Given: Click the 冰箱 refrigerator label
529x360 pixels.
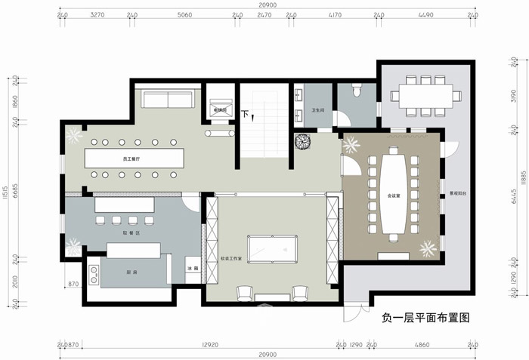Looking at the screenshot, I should [x=192, y=269].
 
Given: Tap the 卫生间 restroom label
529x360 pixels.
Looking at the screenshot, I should [x=318, y=111].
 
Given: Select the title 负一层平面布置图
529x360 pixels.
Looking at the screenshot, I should [x=426, y=318].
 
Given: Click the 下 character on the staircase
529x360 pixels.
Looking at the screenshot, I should [x=245, y=114].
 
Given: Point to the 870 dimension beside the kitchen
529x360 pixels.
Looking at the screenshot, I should [x=73, y=284].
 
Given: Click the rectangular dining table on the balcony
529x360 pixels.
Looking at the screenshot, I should [x=425, y=95].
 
